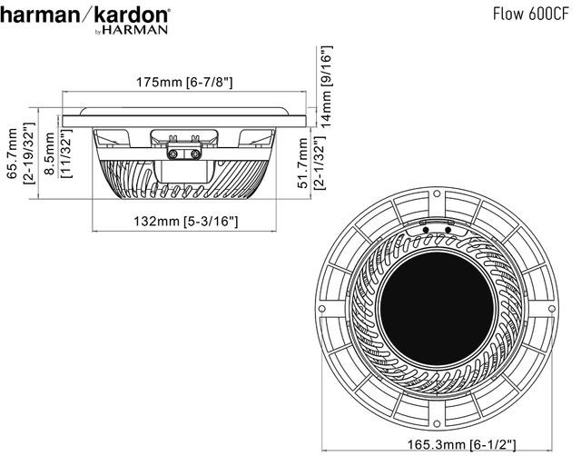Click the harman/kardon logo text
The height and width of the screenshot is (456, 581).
(x=85, y=15)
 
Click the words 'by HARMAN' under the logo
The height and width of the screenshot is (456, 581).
(x=132, y=30)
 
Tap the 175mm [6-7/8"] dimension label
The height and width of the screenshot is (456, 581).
(x=185, y=83)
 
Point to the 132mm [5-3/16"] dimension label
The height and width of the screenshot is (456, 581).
(x=185, y=221)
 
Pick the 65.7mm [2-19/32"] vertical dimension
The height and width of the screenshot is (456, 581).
(x=19, y=154)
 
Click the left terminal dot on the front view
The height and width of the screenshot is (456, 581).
(x=426, y=229)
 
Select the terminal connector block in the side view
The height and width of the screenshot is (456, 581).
(x=185, y=144)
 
